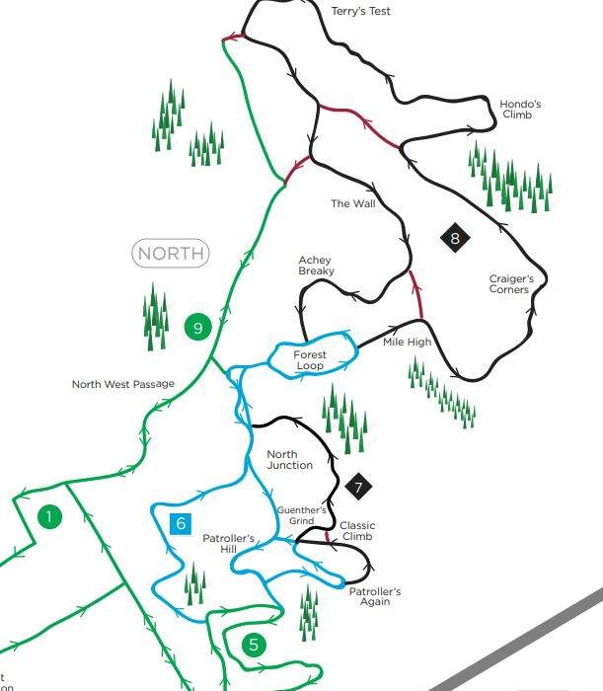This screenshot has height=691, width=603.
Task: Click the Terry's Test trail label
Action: [362, 12]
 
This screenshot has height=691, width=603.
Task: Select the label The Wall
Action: [353, 204]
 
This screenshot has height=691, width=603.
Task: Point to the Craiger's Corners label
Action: [511, 284]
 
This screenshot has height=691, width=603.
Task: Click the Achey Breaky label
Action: [316, 266]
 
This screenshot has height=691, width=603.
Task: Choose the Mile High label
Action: [407, 343]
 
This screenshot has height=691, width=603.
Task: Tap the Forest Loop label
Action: [309, 360]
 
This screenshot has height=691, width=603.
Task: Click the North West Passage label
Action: [122, 385]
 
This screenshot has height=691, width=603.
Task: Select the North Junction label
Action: [290, 460]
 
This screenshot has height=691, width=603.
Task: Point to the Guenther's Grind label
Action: [294, 515]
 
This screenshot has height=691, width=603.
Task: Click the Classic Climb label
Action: [357, 531]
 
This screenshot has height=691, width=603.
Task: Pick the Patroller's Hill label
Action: [229, 544]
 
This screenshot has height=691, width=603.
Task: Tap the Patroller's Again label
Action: [375, 596]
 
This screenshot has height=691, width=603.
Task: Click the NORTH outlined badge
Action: [171, 254]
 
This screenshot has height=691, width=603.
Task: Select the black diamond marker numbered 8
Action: [455, 238]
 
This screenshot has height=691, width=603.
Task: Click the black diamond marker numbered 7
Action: [359, 487]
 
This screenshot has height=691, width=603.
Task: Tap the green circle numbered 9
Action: [198, 328]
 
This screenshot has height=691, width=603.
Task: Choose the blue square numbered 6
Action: [181, 524]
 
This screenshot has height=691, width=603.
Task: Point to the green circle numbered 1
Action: [47, 515]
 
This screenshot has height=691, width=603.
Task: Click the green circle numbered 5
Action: [254, 646]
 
